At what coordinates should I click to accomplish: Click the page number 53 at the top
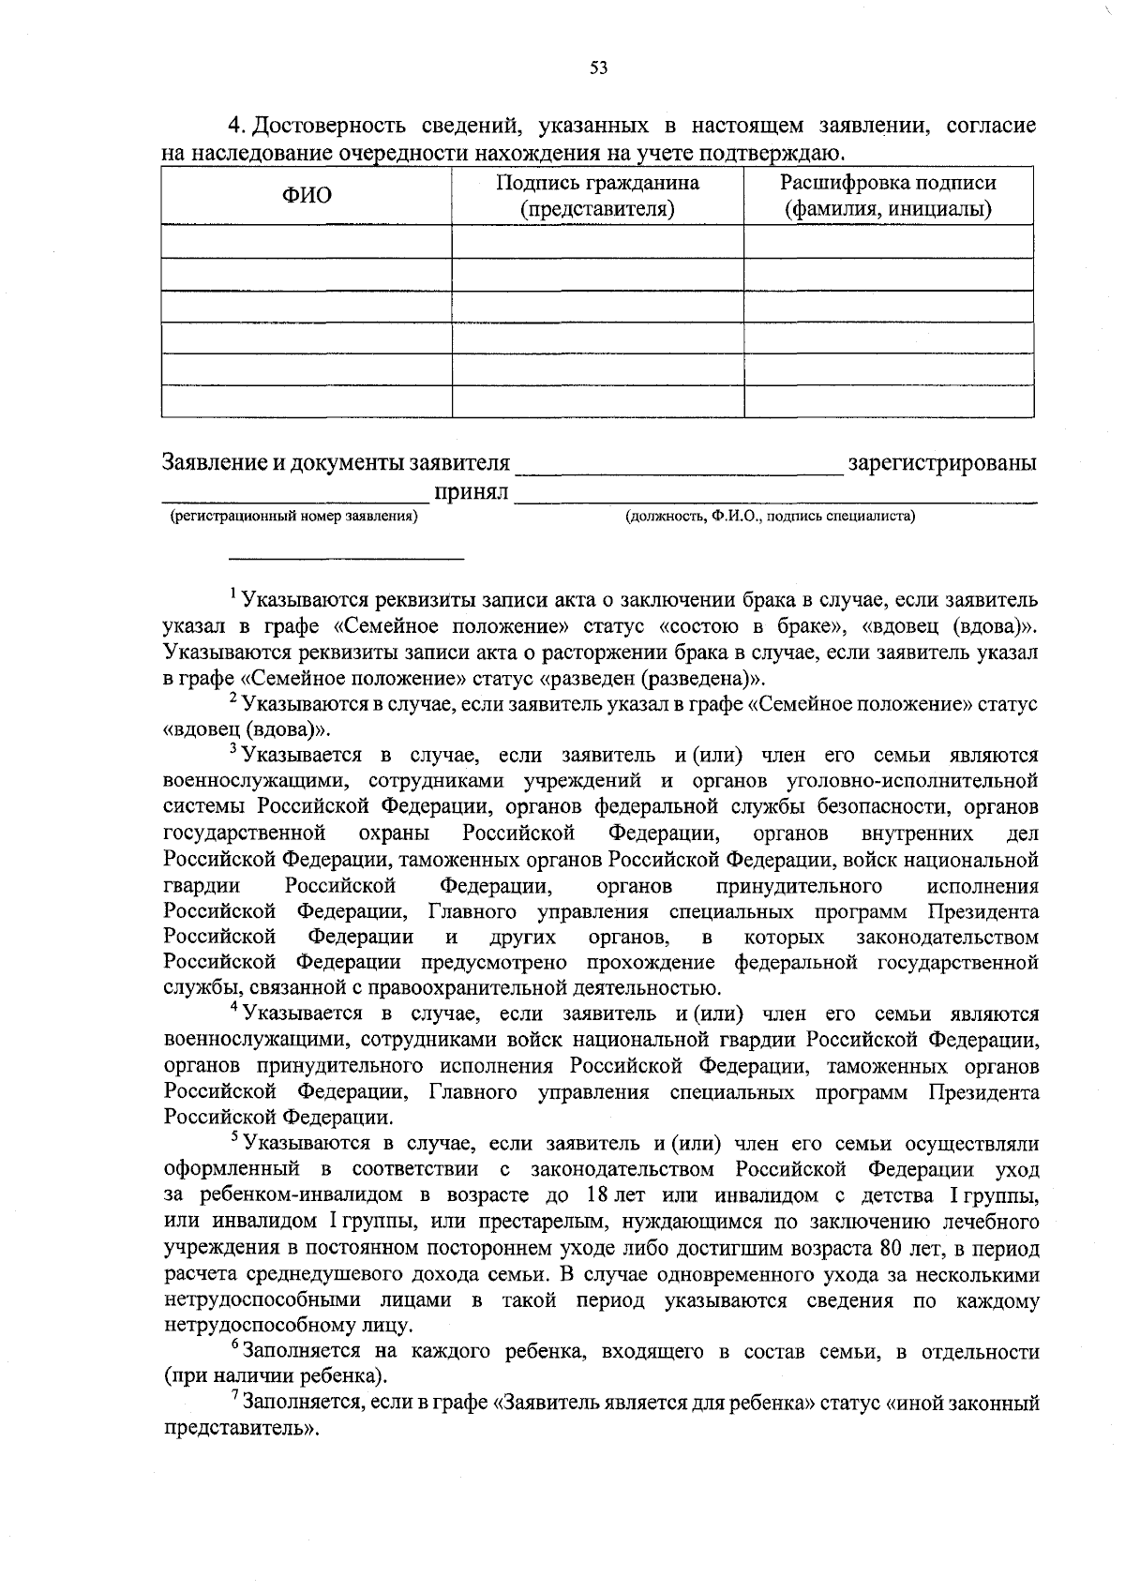pos(599,67)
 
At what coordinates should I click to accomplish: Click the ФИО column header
pos(307,196)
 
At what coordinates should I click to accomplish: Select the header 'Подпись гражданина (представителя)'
pos(597,196)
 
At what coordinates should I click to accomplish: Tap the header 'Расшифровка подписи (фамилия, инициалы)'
pos(888,196)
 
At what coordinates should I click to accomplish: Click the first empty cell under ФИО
pos(307,241)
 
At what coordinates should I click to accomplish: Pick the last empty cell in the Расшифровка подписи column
pos(888,401)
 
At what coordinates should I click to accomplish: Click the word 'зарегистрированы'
pos(941,463)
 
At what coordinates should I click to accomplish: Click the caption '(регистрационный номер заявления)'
pos(292,516)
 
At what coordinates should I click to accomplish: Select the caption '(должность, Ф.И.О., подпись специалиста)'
pos(770,516)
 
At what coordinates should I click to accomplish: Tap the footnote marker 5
pos(233,1137)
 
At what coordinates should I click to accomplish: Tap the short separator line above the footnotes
pos(348,559)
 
